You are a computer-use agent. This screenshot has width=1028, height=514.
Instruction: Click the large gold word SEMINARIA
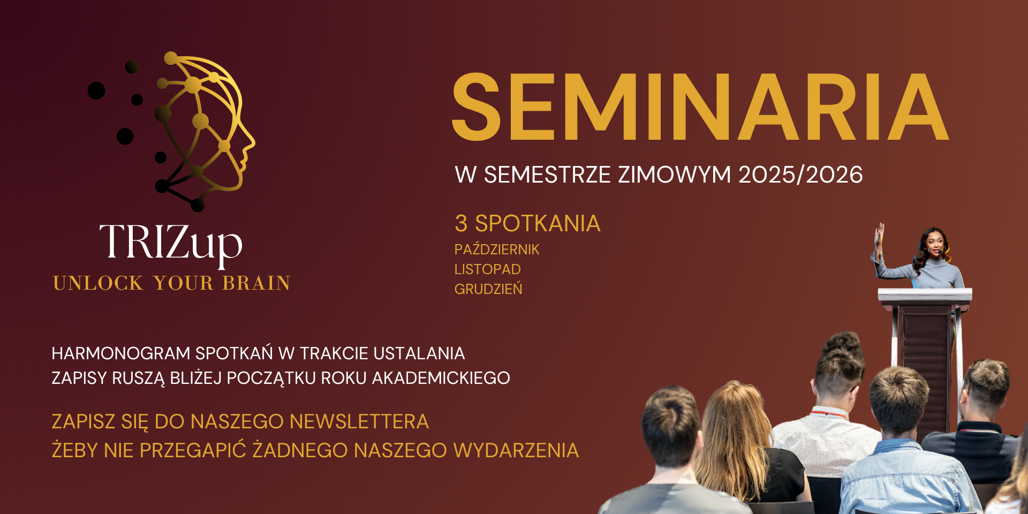click(700, 107)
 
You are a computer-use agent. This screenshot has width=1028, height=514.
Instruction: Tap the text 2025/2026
click(800, 175)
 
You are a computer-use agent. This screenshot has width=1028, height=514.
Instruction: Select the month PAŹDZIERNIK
click(497, 250)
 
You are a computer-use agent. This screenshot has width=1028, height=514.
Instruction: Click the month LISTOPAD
click(487, 269)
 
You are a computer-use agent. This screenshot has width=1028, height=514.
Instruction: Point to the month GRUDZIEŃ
click(488, 289)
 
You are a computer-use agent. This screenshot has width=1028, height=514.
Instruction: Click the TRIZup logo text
click(171, 244)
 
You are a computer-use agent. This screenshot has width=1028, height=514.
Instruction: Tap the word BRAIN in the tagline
click(256, 283)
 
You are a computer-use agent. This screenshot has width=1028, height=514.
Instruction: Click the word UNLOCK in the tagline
click(99, 283)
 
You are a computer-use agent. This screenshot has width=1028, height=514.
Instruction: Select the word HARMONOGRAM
click(121, 353)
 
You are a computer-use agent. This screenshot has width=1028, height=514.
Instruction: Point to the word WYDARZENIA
click(516, 450)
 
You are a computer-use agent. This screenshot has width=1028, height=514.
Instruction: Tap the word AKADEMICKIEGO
click(441, 378)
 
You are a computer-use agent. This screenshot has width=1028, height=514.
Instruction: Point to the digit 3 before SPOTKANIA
click(460, 224)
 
